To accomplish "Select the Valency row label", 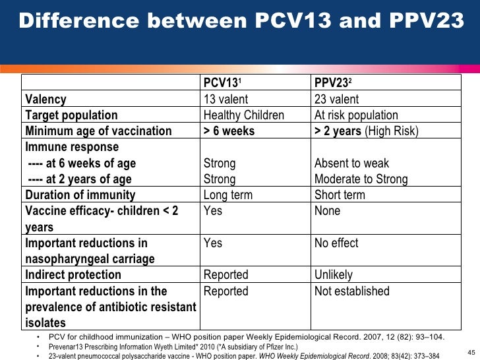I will (45, 100).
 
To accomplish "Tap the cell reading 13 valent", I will (226, 100).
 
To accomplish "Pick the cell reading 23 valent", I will (337, 100).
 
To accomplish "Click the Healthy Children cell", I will (244, 115).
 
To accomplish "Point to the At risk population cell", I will (356, 115).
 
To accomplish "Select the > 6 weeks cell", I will (229, 131).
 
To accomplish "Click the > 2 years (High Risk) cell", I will (366, 131).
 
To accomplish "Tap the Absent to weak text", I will (351, 163).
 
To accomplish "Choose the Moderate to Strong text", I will (361, 179).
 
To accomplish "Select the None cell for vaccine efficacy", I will (328, 211).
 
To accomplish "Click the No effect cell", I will (336, 243).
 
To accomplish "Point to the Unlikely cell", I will (334, 275).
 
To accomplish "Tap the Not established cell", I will (352, 291).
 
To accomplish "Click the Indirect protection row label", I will (73, 275).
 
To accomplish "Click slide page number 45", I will (471, 350).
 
